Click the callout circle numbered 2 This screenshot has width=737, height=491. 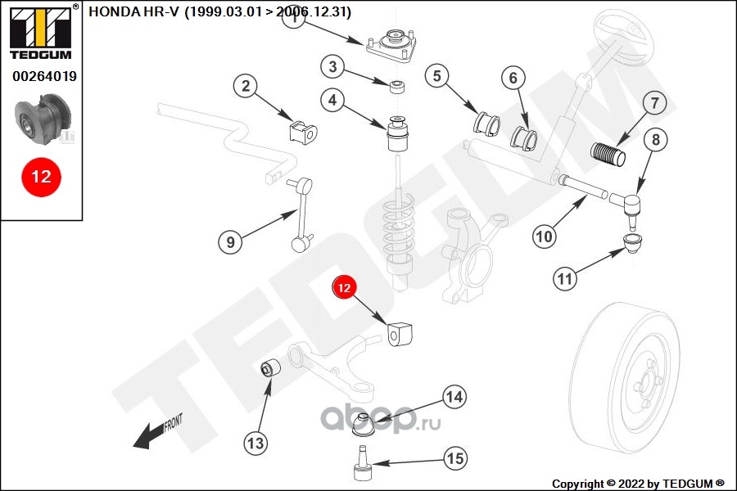[245, 86]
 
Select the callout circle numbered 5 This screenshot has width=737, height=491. [437, 77]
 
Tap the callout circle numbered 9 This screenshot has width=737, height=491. [231, 241]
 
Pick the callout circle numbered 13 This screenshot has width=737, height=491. [256, 443]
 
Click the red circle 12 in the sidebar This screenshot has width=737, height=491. [41, 176]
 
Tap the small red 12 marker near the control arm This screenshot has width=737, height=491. [345, 288]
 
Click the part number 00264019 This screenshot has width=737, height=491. [44, 77]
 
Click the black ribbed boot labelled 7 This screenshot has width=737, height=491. [608, 154]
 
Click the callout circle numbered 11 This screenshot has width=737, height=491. [564, 279]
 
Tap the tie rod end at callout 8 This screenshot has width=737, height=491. [631, 205]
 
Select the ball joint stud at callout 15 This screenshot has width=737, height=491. [361, 466]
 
